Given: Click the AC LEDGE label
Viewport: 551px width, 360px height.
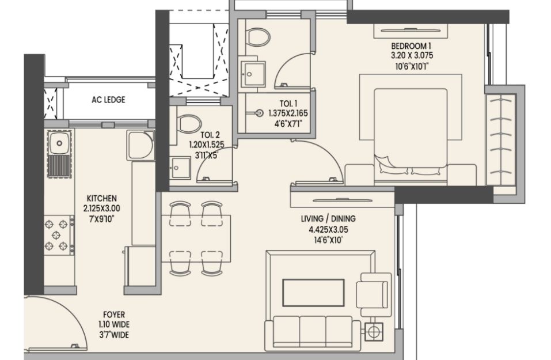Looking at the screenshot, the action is point(108,100).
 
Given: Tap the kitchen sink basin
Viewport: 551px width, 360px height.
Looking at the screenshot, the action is point(59,143).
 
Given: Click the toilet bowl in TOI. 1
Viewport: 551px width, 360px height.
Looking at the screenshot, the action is point(258,36).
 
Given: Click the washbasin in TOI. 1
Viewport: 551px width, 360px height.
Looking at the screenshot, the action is point(253,74).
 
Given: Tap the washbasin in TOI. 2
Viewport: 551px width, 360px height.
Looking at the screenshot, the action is point(181,168).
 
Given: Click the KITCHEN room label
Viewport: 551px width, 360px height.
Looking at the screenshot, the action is point(101,198).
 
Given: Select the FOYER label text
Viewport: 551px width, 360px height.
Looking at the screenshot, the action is point(114,314).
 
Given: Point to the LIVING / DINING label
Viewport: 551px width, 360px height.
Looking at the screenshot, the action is point(328,219).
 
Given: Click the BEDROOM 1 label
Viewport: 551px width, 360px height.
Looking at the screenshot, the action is point(411,46).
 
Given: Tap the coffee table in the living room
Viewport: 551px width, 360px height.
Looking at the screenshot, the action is point(313,293).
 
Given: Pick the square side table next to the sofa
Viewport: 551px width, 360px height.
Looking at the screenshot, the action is point(374,332).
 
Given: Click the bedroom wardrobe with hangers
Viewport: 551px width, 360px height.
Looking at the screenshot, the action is point(501,139).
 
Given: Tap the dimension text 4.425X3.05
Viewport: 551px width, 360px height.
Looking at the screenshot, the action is point(328,230).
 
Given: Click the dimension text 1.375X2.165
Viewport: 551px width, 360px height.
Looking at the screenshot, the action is point(288,113).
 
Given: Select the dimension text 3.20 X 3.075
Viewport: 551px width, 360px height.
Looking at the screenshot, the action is point(412,55).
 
